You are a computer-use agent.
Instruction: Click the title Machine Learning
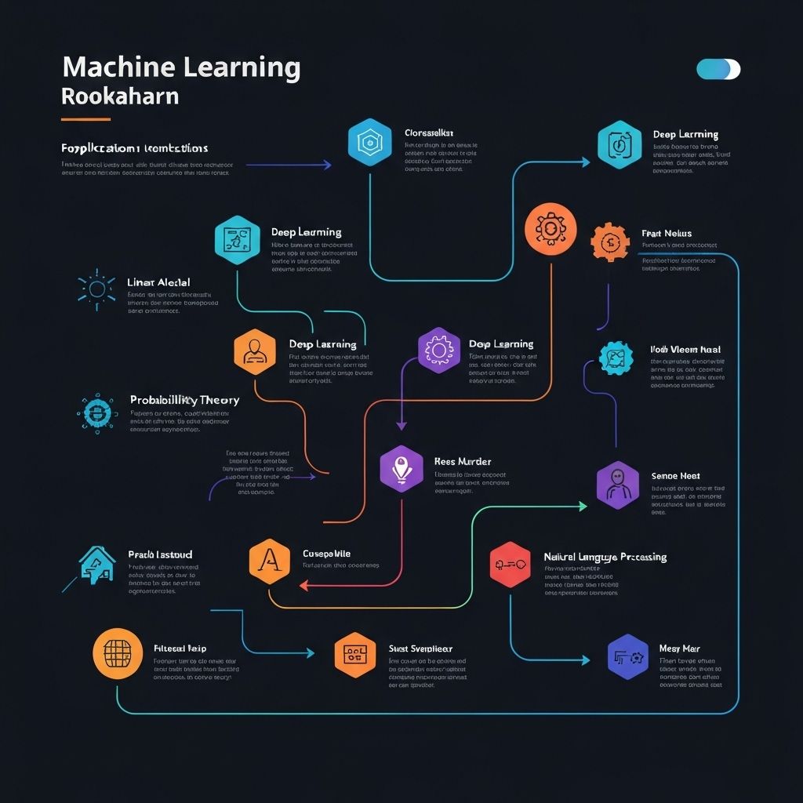[181, 67]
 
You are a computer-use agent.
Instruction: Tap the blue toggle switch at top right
[718, 69]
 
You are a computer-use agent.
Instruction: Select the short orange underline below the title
[85, 120]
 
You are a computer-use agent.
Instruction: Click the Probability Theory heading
[184, 400]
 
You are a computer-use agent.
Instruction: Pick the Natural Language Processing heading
[605, 557]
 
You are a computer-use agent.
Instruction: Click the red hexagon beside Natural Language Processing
[511, 564]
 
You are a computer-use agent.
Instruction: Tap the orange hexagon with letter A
[269, 561]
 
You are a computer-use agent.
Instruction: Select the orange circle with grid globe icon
[118, 653]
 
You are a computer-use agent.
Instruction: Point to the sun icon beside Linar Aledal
[97, 289]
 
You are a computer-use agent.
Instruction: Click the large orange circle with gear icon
[550, 229]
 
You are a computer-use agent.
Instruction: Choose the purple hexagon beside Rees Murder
[401, 467]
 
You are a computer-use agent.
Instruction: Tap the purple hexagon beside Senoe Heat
[617, 485]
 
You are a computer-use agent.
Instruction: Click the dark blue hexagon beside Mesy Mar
[628, 656]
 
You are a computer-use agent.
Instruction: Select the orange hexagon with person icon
[255, 351]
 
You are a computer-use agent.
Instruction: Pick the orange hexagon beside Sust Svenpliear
[354, 654]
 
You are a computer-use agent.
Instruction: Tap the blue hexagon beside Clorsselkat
[369, 142]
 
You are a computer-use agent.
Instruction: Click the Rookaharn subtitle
[120, 96]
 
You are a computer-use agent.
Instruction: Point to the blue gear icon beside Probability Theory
[97, 411]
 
